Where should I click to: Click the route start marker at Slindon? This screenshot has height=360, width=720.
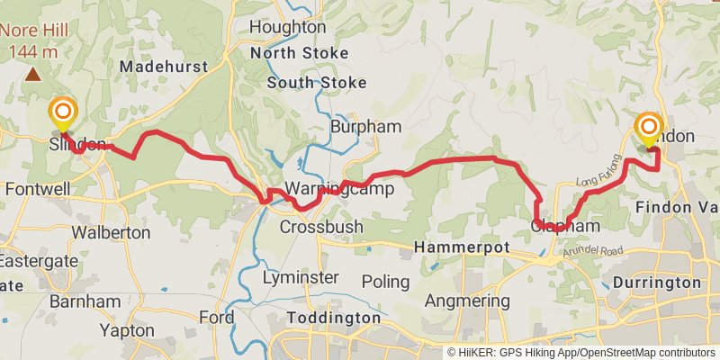click(x=63, y=113)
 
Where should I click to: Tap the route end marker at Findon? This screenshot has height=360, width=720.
click(x=649, y=129)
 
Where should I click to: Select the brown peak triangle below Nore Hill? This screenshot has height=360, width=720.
click(x=33, y=75)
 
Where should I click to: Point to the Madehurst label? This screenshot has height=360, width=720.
click(x=163, y=67)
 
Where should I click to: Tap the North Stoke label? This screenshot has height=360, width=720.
click(x=300, y=54)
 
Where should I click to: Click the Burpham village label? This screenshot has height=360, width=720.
click(x=364, y=127)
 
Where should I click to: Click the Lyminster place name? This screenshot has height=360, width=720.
click(x=301, y=278)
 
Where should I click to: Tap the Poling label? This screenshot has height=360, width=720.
click(x=385, y=282)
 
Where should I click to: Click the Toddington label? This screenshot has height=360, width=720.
click(x=334, y=319)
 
